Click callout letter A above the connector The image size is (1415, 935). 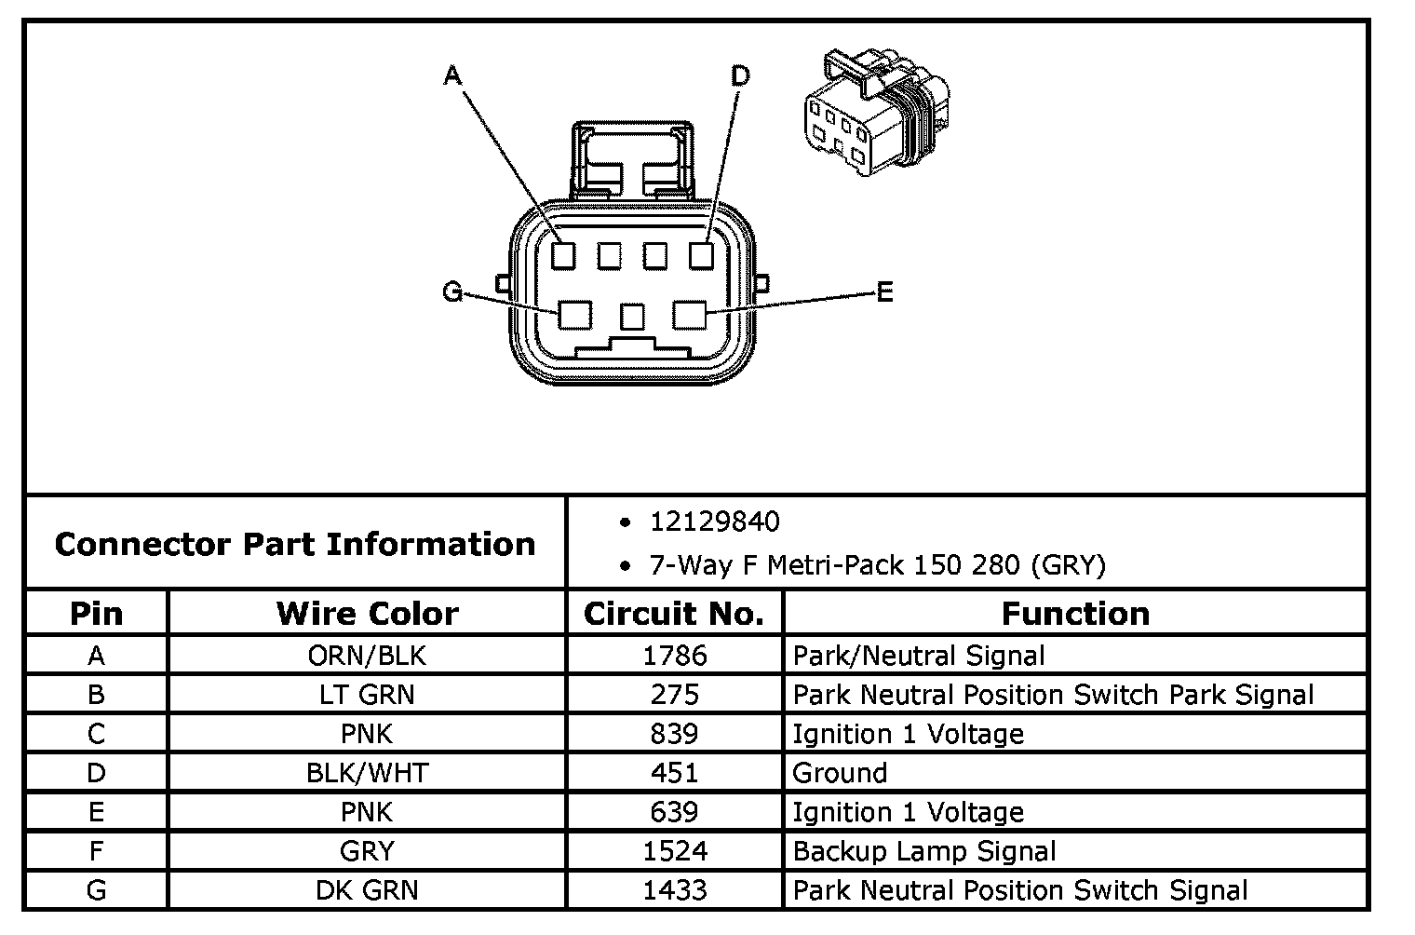[x=452, y=75]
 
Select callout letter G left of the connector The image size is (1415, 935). [x=452, y=292]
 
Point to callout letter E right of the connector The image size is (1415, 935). [x=884, y=292]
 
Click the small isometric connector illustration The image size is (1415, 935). [x=875, y=115]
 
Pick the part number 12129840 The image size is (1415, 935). [x=714, y=522]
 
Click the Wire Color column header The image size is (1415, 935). [x=367, y=614]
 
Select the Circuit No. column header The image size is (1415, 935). [x=674, y=614]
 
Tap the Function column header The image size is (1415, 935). [x=1075, y=614]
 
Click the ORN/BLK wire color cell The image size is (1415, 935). [x=367, y=656]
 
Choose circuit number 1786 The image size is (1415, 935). [x=674, y=656]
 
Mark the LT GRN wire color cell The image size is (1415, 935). [x=367, y=695]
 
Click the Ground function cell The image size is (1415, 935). [x=840, y=773]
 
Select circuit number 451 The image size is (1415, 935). [x=674, y=773]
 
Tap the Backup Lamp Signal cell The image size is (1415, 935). [x=924, y=851]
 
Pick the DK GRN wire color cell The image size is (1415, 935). [x=367, y=890]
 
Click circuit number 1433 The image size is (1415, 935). [x=674, y=890]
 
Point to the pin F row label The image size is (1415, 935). [x=96, y=851]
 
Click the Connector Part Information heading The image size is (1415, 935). [x=295, y=544]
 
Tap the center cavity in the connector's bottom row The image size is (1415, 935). [x=632, y=317]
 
